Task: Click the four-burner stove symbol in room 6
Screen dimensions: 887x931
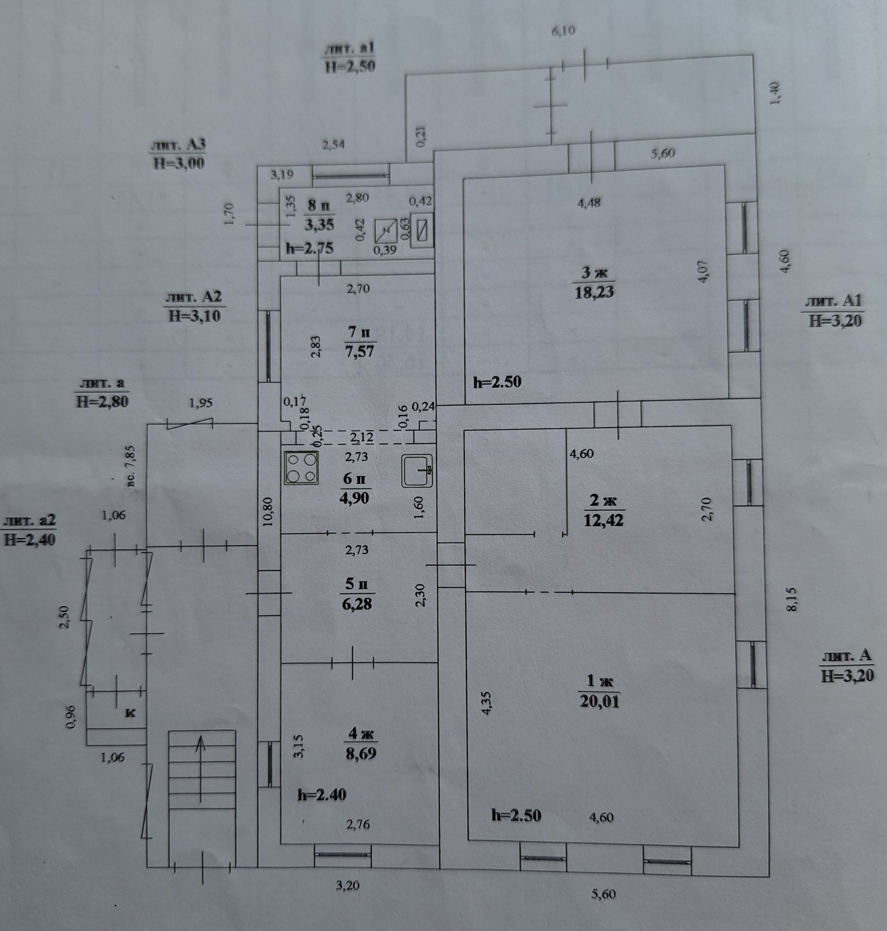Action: (x=301, y=468)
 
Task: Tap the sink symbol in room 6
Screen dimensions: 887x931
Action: (x=417, y=471)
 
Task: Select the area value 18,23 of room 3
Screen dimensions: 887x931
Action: (x=594, y=292)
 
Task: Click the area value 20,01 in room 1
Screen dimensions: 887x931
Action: (x=599, y=701)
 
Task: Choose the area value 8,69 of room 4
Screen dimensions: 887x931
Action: (x=362, y=753)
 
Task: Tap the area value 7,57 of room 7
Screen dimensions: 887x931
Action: (x=360, y=351)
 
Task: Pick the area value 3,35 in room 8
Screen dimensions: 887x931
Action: (x=319, y=224)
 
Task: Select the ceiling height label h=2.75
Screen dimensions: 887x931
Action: (x=310, y=248)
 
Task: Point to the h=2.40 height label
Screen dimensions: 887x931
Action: (x=322, y=794)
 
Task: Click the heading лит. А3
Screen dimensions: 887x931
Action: (x=178, y=145)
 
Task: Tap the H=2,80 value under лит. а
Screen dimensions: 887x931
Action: (x=102, y=402)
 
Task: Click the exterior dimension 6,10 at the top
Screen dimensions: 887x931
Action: (x=563, y=31)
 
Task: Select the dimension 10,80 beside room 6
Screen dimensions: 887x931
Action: (x=268, y=511)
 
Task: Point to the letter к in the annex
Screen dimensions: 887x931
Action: (x=129, y=713)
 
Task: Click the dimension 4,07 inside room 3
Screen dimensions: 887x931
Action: (x=704, y=271)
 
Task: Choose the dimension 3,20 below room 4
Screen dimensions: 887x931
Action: (x=347, y=885)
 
